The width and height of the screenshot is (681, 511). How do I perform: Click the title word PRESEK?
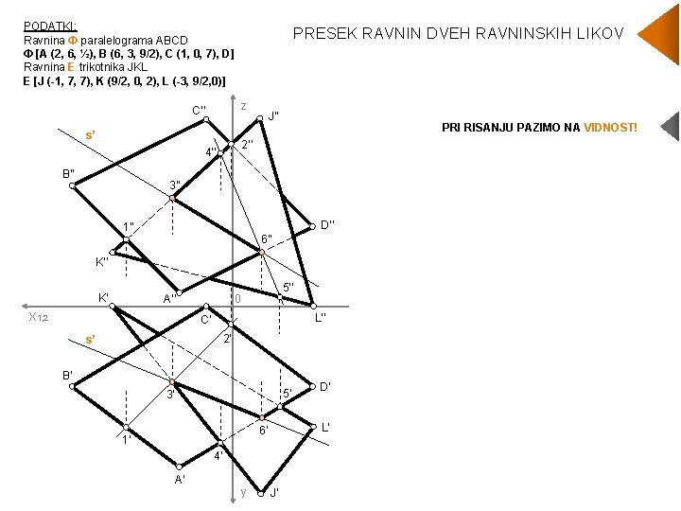pos(323,34)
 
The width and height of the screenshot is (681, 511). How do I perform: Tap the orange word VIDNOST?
pos(610,127)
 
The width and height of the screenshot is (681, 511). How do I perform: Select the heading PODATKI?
pos(50,26)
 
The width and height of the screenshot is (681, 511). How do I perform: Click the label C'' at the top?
pos(200,110)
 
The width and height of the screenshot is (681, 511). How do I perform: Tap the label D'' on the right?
pos(328,225)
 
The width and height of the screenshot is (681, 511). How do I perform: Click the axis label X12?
pos(39,317)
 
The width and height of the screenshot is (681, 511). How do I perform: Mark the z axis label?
pos(243,105)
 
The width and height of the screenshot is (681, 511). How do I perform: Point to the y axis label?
pos(243,492)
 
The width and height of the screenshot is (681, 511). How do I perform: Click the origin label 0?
pos(238,299)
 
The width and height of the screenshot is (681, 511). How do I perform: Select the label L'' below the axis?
pos(320,317)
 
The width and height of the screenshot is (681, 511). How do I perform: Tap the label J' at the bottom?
pos(273,493)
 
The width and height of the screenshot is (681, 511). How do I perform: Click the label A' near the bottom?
pos(180,479)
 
